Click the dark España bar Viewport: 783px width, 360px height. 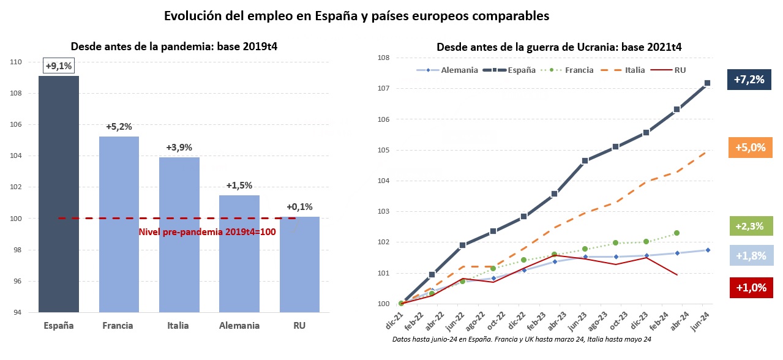click(59, 194)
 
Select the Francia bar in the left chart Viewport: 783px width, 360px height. click(119, 225)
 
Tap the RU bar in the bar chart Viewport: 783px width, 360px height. click(299, 264)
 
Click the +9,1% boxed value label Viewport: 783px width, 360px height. click(59, 66)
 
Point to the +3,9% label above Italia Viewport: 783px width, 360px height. click(179, 148)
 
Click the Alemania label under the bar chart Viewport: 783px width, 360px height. click(239, 326)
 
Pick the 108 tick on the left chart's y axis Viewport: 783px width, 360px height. click(16, 93)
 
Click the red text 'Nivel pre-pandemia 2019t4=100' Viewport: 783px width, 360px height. click(208, 232)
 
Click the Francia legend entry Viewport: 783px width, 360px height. click(567, 70)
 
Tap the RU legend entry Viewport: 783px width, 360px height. click(669, 70)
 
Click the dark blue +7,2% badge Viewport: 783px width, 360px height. click(749, 80)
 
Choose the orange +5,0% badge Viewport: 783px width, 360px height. click(750, 148)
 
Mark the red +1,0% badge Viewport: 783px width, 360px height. click(751, 288)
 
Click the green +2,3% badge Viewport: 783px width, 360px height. click(751, 226)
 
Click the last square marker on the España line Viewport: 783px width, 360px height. click(707, 83)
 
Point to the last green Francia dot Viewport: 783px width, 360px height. click(676, 233)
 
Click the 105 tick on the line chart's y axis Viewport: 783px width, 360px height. click(384, 150)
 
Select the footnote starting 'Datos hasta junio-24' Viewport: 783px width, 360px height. click(522, 339)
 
